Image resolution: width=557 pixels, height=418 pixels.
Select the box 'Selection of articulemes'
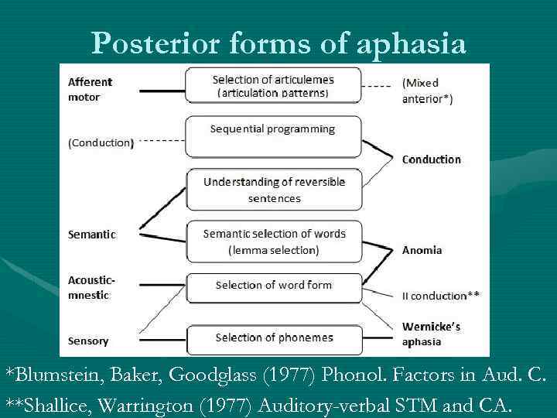click(x=273, y=85)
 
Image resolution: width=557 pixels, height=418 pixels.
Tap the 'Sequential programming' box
click(x=273, y=135)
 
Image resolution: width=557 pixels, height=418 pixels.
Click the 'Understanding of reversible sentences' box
click(x=274, y=190)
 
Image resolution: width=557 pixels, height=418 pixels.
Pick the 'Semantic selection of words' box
click(x=274, y=242)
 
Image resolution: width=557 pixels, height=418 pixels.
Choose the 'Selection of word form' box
click(x=274, y=286)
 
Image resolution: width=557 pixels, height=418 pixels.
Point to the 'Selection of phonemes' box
click(x=274, y=339)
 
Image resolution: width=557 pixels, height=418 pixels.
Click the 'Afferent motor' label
click(x=90, y=89)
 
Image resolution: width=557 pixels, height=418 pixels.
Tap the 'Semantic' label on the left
click(x=91, y=234)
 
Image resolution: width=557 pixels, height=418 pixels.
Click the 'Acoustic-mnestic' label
click(x=91, y=286)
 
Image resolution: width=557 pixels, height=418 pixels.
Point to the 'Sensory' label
click(x=88, y=341)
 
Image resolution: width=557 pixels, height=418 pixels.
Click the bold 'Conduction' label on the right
click(x=431, y=159)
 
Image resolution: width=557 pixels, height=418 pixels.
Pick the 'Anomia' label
click(x=422, y=250)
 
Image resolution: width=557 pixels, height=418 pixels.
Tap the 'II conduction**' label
click(x=440, y=295)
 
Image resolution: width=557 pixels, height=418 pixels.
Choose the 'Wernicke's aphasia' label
click(x=431, y=334)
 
